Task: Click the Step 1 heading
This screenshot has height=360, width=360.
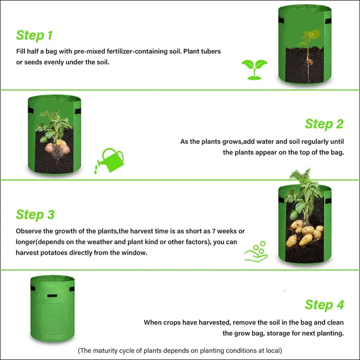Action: [x=34, y=35]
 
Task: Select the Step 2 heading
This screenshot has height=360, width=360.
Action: [x=324, y=124]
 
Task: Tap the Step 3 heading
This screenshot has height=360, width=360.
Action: [x=35, y=214]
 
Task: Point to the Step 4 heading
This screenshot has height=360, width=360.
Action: [x=324, y=304]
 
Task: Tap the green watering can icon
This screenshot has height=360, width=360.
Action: [x=111, y=159]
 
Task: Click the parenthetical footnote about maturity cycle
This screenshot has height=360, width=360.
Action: [x=179, y=350]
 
